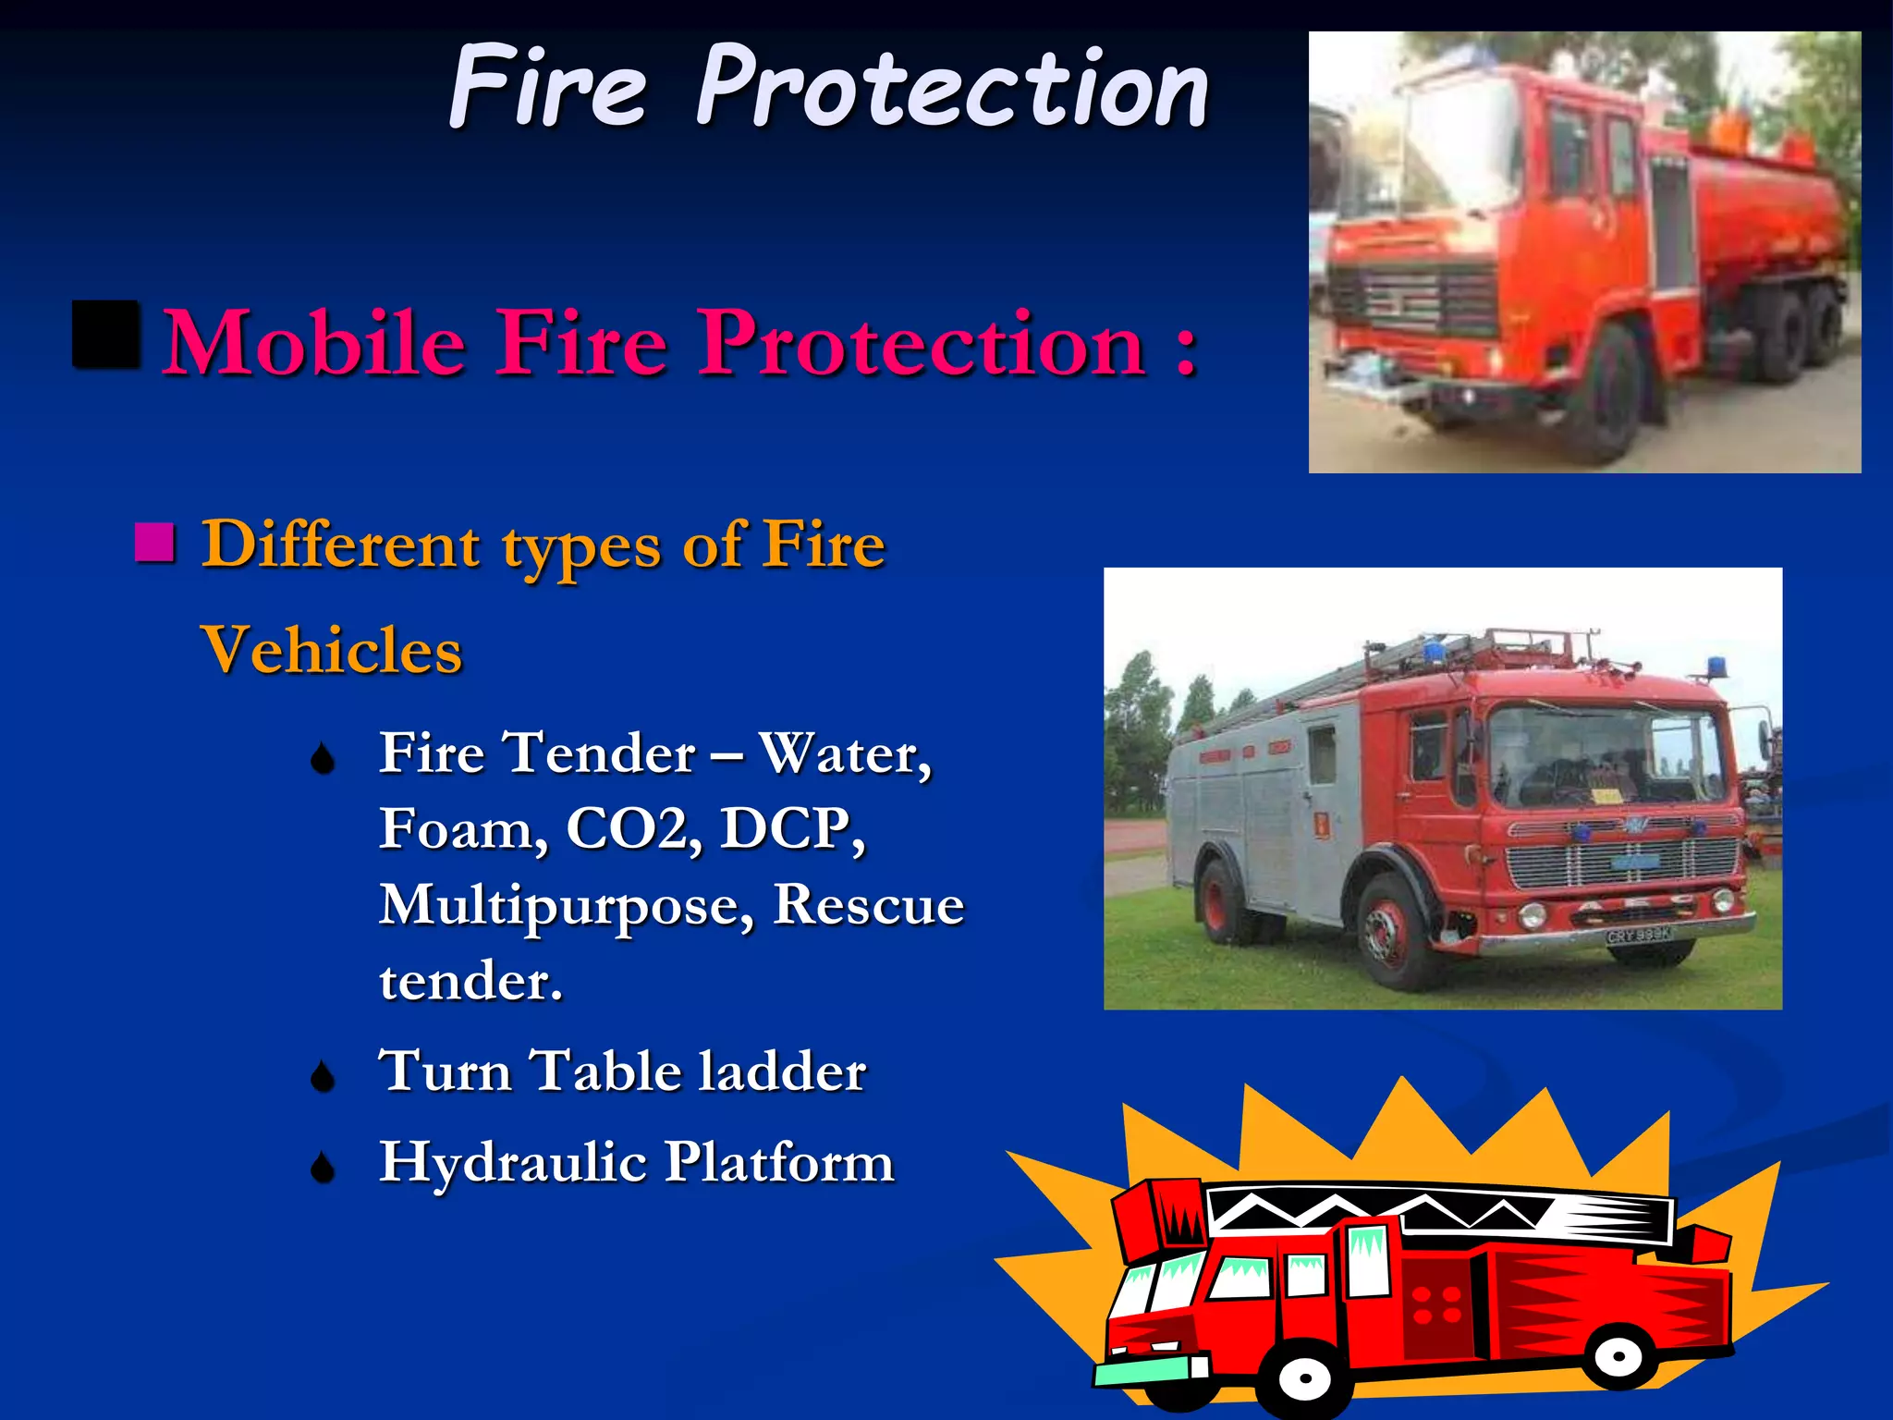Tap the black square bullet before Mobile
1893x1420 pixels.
tap(106, 335)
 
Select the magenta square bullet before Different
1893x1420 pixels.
tap(154, 543)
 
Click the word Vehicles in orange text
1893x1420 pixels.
tap(332, 650)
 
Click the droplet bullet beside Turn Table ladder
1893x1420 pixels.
tap(323, 1076)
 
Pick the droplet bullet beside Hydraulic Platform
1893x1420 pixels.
tap(323, 1168)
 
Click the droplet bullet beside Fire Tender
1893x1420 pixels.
tap(323, 760)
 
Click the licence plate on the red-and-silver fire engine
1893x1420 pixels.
tap(1639, 936)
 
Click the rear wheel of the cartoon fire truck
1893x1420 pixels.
tap(1619, 1356)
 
